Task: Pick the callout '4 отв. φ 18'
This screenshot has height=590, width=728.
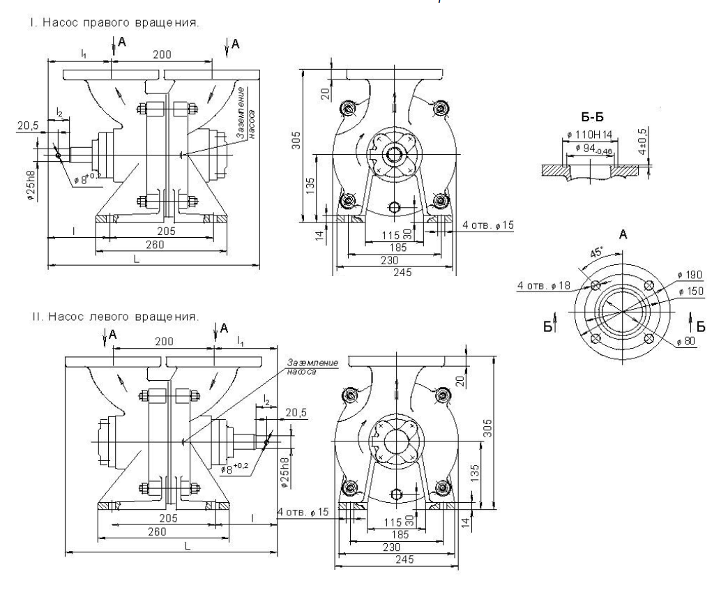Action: click(x=543, y=285)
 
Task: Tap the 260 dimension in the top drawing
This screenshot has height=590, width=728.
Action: click(x=158, y=244)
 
